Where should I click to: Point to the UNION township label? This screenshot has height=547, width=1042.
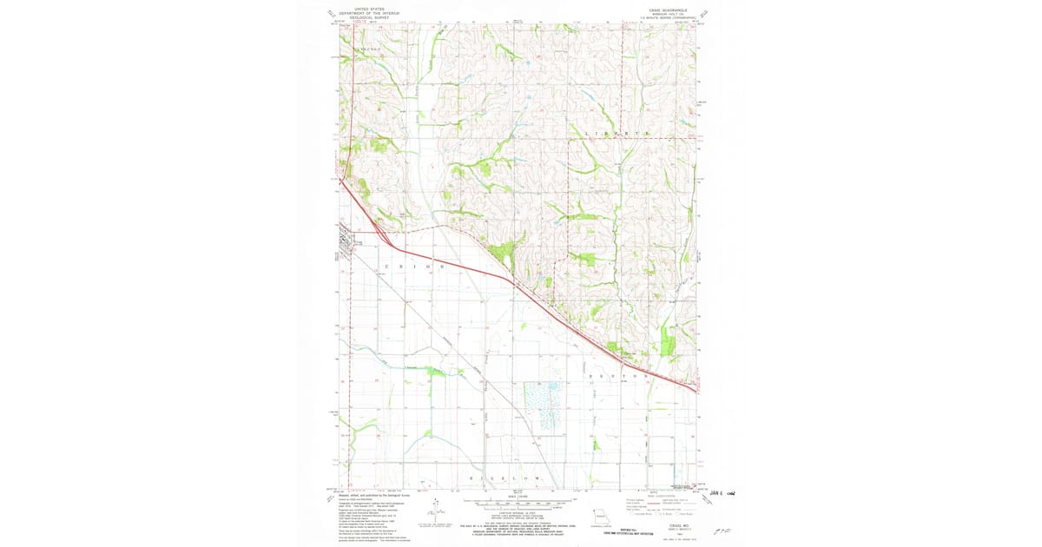pos(413,266)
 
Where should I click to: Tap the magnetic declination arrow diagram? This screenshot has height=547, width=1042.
pos(432,506)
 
